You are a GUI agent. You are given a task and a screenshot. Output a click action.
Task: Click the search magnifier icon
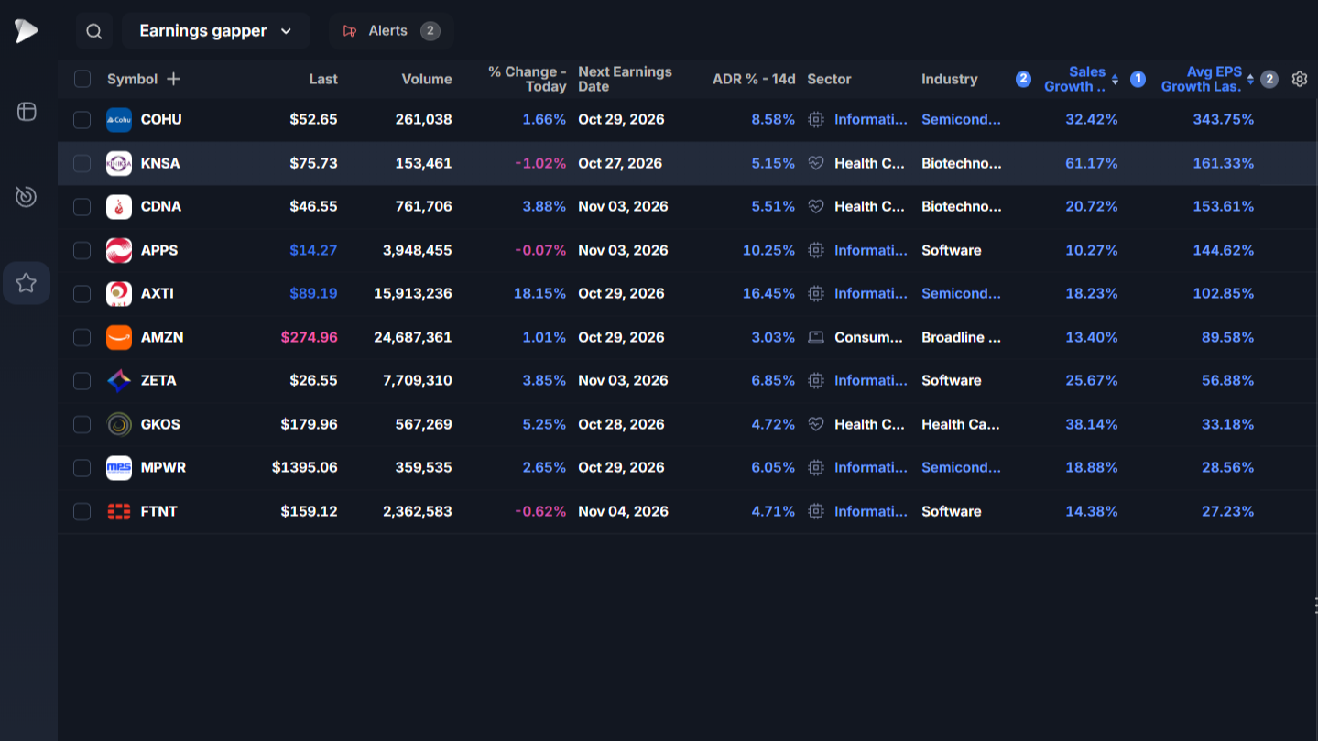94,31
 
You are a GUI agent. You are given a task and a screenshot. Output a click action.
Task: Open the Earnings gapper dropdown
215,30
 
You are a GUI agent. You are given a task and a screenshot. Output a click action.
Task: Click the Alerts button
391,30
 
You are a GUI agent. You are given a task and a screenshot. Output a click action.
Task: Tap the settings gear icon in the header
1299,79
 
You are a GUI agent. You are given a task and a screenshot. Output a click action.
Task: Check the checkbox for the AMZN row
82,337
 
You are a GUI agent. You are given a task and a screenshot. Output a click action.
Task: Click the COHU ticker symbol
161,119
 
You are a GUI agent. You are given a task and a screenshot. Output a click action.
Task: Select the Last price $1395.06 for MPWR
305,467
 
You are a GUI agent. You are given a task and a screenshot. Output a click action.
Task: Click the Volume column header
427,79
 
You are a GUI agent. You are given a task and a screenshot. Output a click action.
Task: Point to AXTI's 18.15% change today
539,293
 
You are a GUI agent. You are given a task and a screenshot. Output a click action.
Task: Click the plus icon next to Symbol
174,79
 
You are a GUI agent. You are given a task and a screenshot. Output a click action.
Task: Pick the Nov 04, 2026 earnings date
623,511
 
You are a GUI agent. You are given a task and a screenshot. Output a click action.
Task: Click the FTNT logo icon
119,511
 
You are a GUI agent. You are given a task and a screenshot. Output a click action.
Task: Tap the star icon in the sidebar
27,283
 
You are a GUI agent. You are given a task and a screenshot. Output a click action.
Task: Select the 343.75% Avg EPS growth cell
1224,119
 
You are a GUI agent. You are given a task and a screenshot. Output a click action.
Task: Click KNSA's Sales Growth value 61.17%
1092,163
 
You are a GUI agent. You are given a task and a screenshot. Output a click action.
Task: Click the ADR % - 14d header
754,79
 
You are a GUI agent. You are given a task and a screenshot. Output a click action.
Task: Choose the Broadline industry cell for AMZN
961,337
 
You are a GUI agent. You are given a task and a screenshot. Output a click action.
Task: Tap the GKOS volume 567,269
424,424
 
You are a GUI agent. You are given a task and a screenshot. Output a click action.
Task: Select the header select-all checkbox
82,79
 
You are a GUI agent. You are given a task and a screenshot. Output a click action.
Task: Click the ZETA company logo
119,381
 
